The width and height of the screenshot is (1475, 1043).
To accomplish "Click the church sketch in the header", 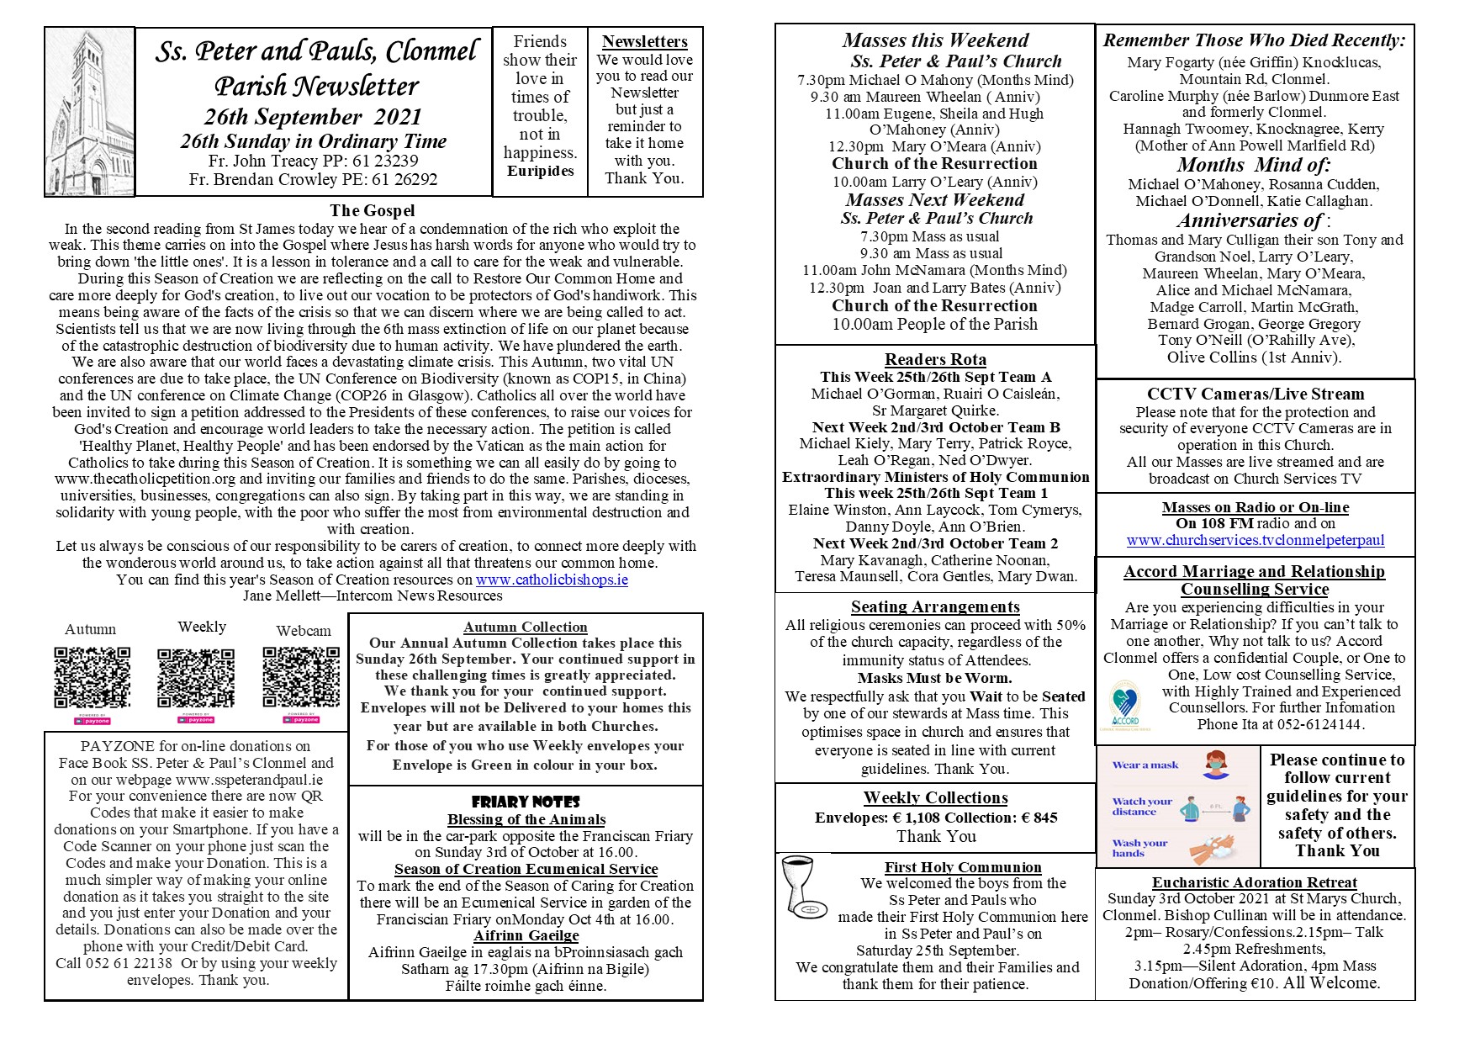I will pyautogui.click(x=89, y=111).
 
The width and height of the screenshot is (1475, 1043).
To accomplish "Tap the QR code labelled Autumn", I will pyautogui.click(x=93, y=677).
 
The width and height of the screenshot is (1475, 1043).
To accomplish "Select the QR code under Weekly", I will pyautogui.click(x=196, y=677).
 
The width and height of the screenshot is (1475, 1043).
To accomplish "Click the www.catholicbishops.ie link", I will pyautogui.click(x=552, y=580).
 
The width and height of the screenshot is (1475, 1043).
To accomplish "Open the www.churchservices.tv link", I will pyautogui.click(x=1255, y=541).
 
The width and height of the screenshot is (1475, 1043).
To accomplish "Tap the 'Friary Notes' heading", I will pyautogui.click(x=526, y=802).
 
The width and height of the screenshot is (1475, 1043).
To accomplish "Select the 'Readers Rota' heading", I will pyautogui.click(x=935, y=360).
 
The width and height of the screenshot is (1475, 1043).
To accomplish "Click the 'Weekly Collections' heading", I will pyautogui.click(x=935, y=798).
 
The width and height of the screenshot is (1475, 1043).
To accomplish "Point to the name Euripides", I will pyautogui.click(x=540, y=172).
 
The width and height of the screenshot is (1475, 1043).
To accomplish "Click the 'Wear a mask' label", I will pyautogui.click(x=1145, y=765).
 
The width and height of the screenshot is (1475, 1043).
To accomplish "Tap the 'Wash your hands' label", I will pyautogui.click(x=1139, y=848).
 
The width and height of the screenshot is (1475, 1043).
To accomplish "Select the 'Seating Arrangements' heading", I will pyautogui.click(x=935, y=607).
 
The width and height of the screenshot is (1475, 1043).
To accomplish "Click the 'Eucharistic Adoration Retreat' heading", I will pyautogui.click(x=1254, y=882).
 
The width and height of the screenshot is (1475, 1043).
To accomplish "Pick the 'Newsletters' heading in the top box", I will pyautogui.click(x=645, y=42).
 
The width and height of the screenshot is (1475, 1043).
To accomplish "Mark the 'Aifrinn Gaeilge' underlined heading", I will pyautogui.click(x=526, y=935).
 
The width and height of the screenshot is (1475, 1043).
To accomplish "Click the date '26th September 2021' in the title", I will pyautogui.click(x=313, y=117).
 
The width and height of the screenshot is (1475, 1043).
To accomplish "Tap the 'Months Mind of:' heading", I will pyautogui.click(x=1253, y=165).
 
